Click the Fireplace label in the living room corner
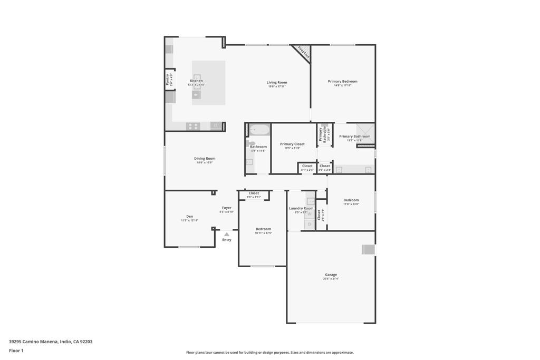pyautogui.click(x=304, y=52)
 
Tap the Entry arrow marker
pyautogui.click(x=227, y=235)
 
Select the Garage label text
pyautogui.click(x=331, y=275)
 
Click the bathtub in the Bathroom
pyautogui.click(x=259, y=130)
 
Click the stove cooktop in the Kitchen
pyautogui.click(x=193, y=126)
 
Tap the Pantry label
pyautogui.click(x=168, y=80)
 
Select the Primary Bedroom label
pyautogui.click(x=342, y=81)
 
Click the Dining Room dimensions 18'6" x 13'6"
pyautogui.click(x=205, y=163)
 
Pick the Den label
pyautogui.click(x=189, y=216)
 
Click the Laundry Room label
pyautogui.click(x=301, y=208)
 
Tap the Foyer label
pyautogui.click(x=227, y=208)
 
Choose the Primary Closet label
pyautogui.click(x=292, y=144)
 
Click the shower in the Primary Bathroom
pyautogui.click(x=364, y=130)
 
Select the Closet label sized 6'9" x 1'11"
pyautogui.click(x=254, y=193)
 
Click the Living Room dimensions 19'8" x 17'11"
pyautogui.click(x=276, y=86)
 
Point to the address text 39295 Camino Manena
pyautogui.click(x=51, y=342)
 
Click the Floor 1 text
pyautogui.click(x=16, y=351)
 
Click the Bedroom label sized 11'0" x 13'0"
pyautogui.click(x=351, y=200)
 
